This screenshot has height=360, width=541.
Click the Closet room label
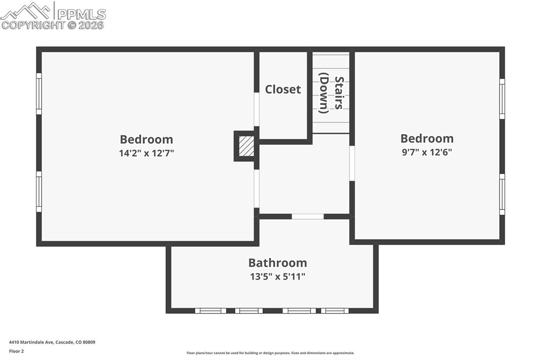pos(283,89)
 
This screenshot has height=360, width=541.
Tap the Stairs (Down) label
pos(331,95)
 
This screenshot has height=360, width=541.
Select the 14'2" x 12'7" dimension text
pos(146,154)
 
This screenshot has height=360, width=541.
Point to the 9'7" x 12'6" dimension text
pos(427,152)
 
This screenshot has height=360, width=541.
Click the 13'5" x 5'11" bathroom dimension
pos(277,276)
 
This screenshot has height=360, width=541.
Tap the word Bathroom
pos(277,262)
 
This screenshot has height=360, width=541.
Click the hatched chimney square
pos(246,146)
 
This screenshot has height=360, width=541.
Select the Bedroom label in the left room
pos(146,139)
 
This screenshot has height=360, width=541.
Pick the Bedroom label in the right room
pos(427,138)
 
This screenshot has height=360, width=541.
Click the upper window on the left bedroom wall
pos(39,93)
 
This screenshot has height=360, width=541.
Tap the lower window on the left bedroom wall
pos(39,192)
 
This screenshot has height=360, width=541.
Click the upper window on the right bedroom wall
pos(502,99)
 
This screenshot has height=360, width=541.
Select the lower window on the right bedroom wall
pos(502,194)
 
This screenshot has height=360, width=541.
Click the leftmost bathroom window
pos(211,311)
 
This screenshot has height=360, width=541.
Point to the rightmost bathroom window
pos(335,311)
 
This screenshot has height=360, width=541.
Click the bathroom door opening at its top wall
pos(308,216)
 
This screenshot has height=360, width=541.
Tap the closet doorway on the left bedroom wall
pos(257,109)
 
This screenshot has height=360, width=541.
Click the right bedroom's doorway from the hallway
pos(352,163)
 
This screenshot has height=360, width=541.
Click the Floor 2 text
pos(16,351)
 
